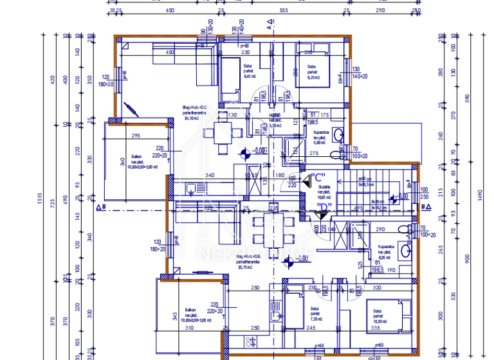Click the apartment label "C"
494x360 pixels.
(x=317, y=177)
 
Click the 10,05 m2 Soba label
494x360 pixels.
(x=381, y=316)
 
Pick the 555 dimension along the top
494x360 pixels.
(x=283, y=10)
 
